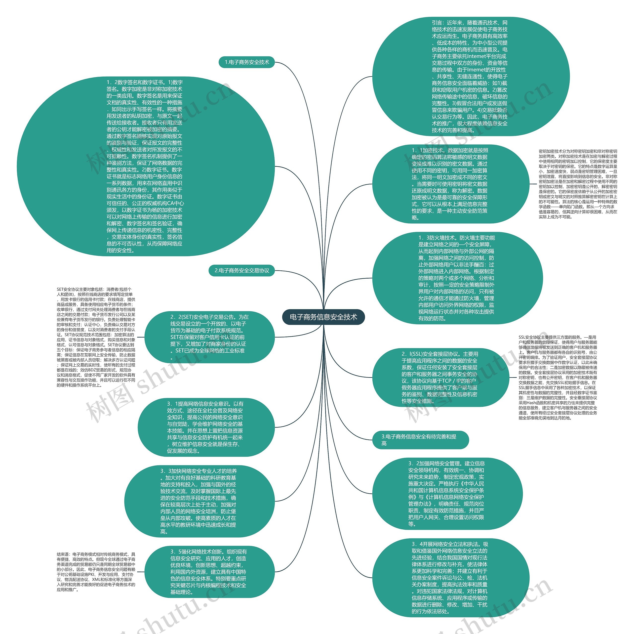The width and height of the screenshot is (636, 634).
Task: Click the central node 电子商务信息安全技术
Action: (x=323, y=317)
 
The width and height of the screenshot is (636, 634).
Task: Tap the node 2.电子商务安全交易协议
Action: (x=242, y=270)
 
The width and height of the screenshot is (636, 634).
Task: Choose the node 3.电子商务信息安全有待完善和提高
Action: (x=420, y=440)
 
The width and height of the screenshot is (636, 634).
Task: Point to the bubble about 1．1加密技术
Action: (x=450, y=184)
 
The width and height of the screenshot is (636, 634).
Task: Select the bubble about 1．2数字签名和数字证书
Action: (x=146, y=166)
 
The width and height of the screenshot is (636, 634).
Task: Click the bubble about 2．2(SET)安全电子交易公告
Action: (x=209, y=337)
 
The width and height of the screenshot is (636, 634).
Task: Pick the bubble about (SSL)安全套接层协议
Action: (x=440, y=377)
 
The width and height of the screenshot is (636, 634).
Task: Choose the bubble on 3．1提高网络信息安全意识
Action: (x=206, y=427)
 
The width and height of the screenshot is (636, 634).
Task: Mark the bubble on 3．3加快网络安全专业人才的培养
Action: (x=199, y=501)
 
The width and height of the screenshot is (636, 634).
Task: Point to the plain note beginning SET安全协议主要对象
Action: (x=96, y=337)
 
